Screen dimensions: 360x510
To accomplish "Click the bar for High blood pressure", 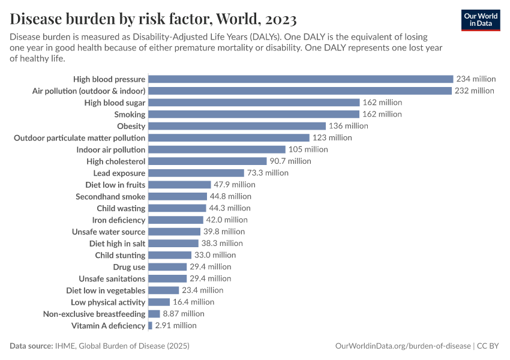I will point(300,79).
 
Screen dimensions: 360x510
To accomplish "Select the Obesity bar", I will point(236,126).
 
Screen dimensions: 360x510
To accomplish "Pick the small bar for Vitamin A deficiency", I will point(150,326).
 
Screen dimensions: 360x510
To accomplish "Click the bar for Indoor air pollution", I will point(217,149).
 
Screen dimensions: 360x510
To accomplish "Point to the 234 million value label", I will point(476,79).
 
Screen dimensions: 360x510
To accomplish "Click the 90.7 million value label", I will point(290,161).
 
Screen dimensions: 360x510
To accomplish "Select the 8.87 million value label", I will point(184,314).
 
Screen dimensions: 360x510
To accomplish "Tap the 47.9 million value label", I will point(235,185).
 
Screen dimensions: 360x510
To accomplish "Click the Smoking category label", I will point(130,114).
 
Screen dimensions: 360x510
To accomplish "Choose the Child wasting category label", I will point(121,208).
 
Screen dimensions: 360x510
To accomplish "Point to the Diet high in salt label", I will point(117,244).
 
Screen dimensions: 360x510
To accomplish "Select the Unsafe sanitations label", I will point(112,279).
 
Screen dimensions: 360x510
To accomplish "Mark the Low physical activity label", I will point(108,302).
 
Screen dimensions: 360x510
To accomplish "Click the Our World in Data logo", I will point(481,20).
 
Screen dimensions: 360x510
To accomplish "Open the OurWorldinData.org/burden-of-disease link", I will point(402,346).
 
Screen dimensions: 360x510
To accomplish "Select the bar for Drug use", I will point(167,267).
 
